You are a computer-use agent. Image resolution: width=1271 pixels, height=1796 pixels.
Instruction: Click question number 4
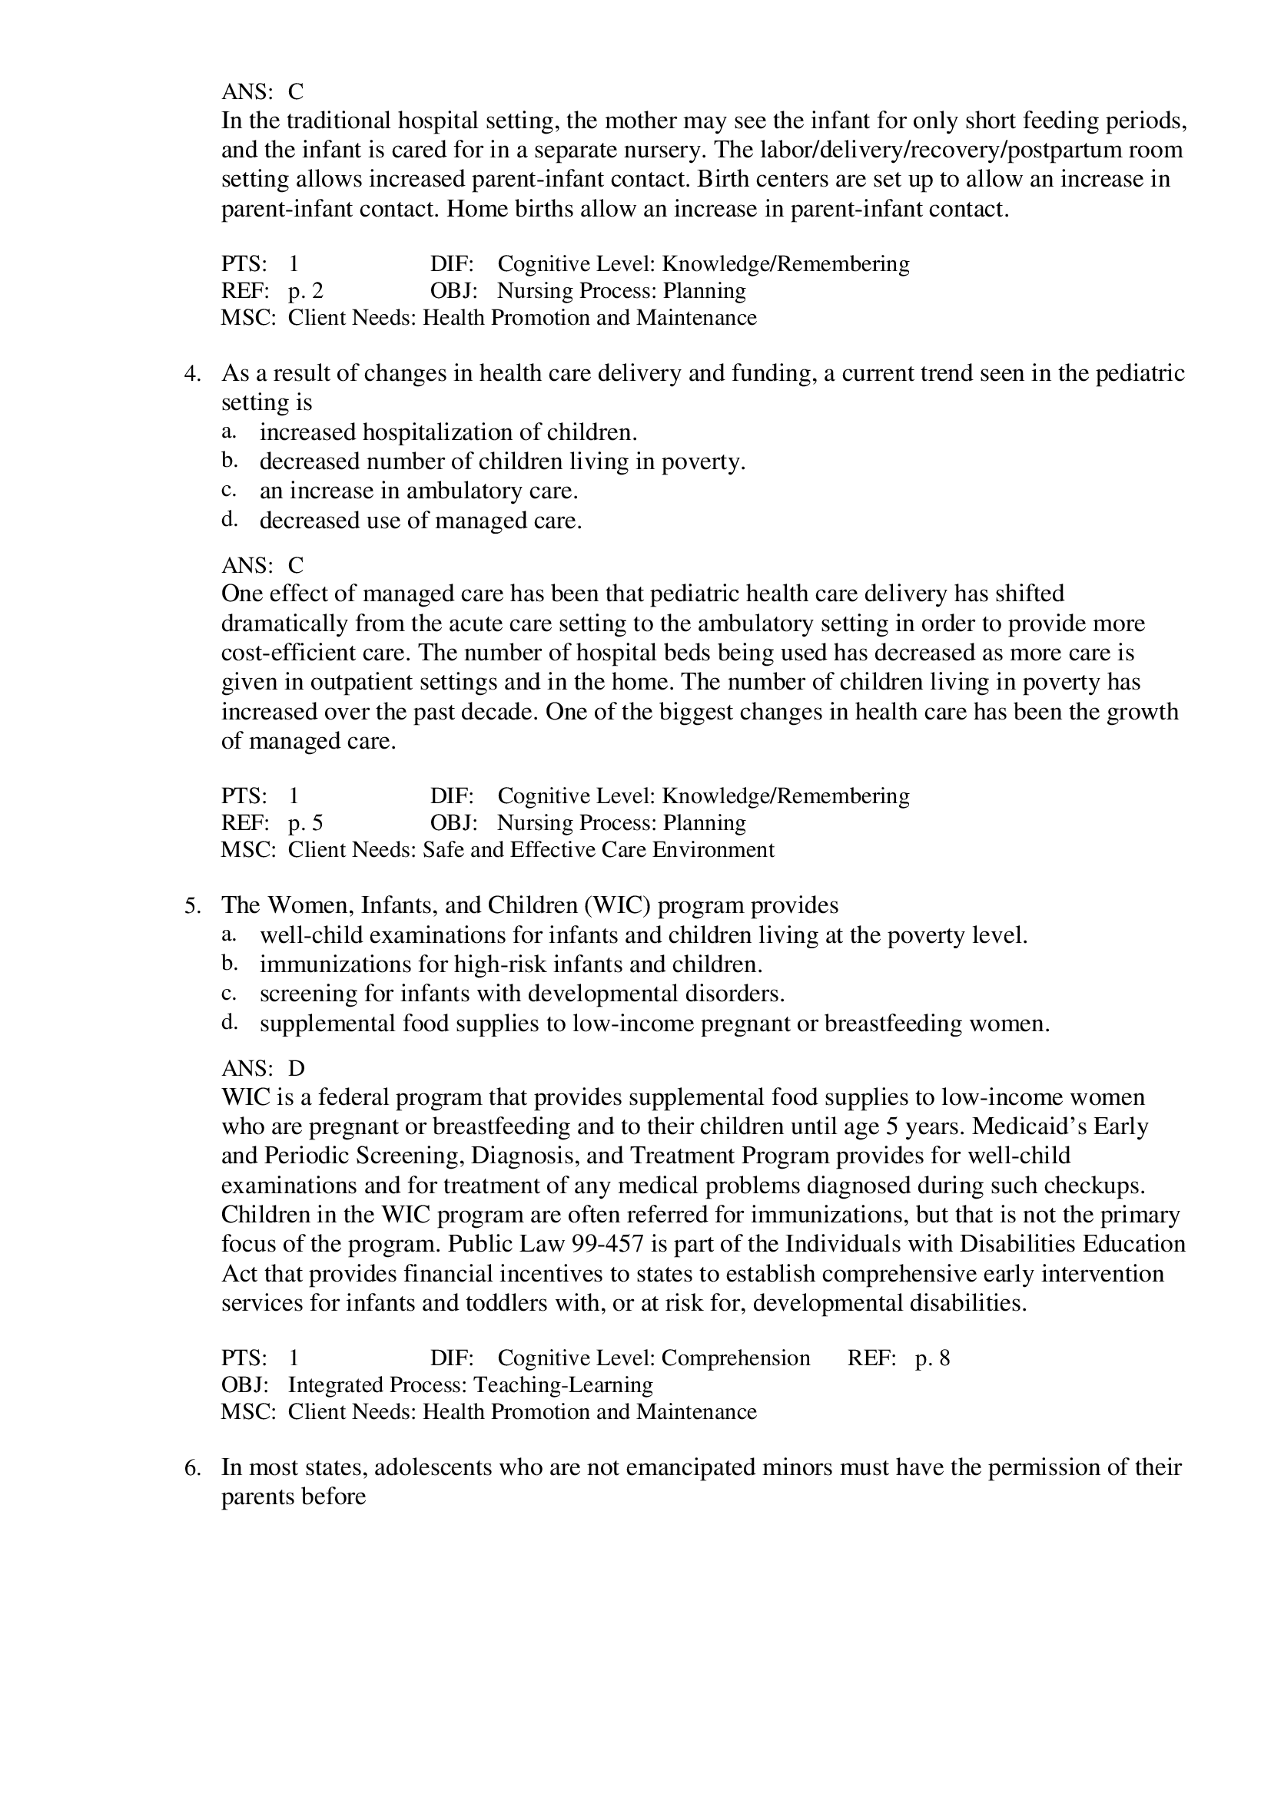[x=192, y=374]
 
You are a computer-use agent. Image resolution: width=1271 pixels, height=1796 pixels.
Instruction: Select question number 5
[x=192, y=906]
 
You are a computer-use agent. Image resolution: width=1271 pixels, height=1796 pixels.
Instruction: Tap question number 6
[x=192, y=1467]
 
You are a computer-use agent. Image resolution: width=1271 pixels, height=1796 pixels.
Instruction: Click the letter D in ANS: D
[x=297, y=1069]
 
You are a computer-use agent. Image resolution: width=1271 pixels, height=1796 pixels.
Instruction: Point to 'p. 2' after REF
[x=305, y=291]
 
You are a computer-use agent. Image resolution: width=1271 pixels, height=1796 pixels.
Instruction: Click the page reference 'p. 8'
[x=932, y=1358]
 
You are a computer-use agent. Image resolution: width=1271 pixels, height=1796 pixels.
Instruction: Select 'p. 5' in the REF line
[x=305, y=823]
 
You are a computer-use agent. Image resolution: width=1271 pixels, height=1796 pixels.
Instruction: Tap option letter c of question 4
[x=227, y=491]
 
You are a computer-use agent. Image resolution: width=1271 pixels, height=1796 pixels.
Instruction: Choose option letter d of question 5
[x=228, y=1023]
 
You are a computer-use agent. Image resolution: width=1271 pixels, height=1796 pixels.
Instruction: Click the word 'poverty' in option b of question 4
[x=703, y=462]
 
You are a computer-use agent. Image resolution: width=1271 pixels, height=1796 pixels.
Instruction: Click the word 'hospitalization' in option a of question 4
[x=450, y=432]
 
